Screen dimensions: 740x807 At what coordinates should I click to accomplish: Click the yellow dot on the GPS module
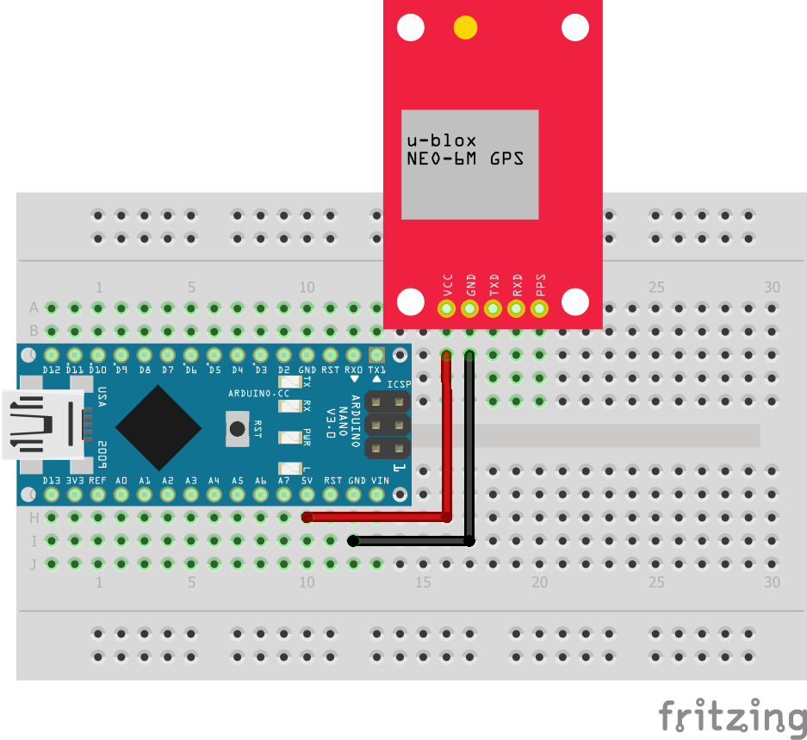(x=465, y=28)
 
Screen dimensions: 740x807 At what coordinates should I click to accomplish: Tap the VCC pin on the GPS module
(x=446, y=307)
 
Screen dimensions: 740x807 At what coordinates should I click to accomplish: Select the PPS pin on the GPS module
(x=540, y=307)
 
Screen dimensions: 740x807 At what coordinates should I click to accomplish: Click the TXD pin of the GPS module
(x=494, y=307)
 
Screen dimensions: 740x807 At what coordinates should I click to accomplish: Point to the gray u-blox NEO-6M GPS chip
(x=469, y=164)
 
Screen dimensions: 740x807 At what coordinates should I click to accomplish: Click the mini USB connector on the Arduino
(x=43, y=423)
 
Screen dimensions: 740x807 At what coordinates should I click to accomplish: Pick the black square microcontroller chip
(x=158, y=426)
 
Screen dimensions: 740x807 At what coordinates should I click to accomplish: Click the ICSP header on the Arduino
(x=388, y=425)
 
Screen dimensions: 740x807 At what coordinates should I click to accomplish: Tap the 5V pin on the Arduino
(x=307, y=494)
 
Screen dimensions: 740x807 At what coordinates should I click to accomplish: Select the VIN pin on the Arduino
(x=376, y=494)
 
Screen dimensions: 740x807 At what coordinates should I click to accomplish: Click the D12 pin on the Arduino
(x=52, y=355)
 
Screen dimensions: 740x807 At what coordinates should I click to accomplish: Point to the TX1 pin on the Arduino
(x=376, y=355)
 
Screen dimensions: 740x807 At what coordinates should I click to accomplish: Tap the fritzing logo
(x=732, y=717)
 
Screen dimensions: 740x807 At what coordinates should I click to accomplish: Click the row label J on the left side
(x=34, y=564)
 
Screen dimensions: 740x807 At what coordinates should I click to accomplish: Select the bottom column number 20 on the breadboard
(x=539, y=582)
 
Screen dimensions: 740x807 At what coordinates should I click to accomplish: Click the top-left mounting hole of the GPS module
(x=411, y=28)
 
